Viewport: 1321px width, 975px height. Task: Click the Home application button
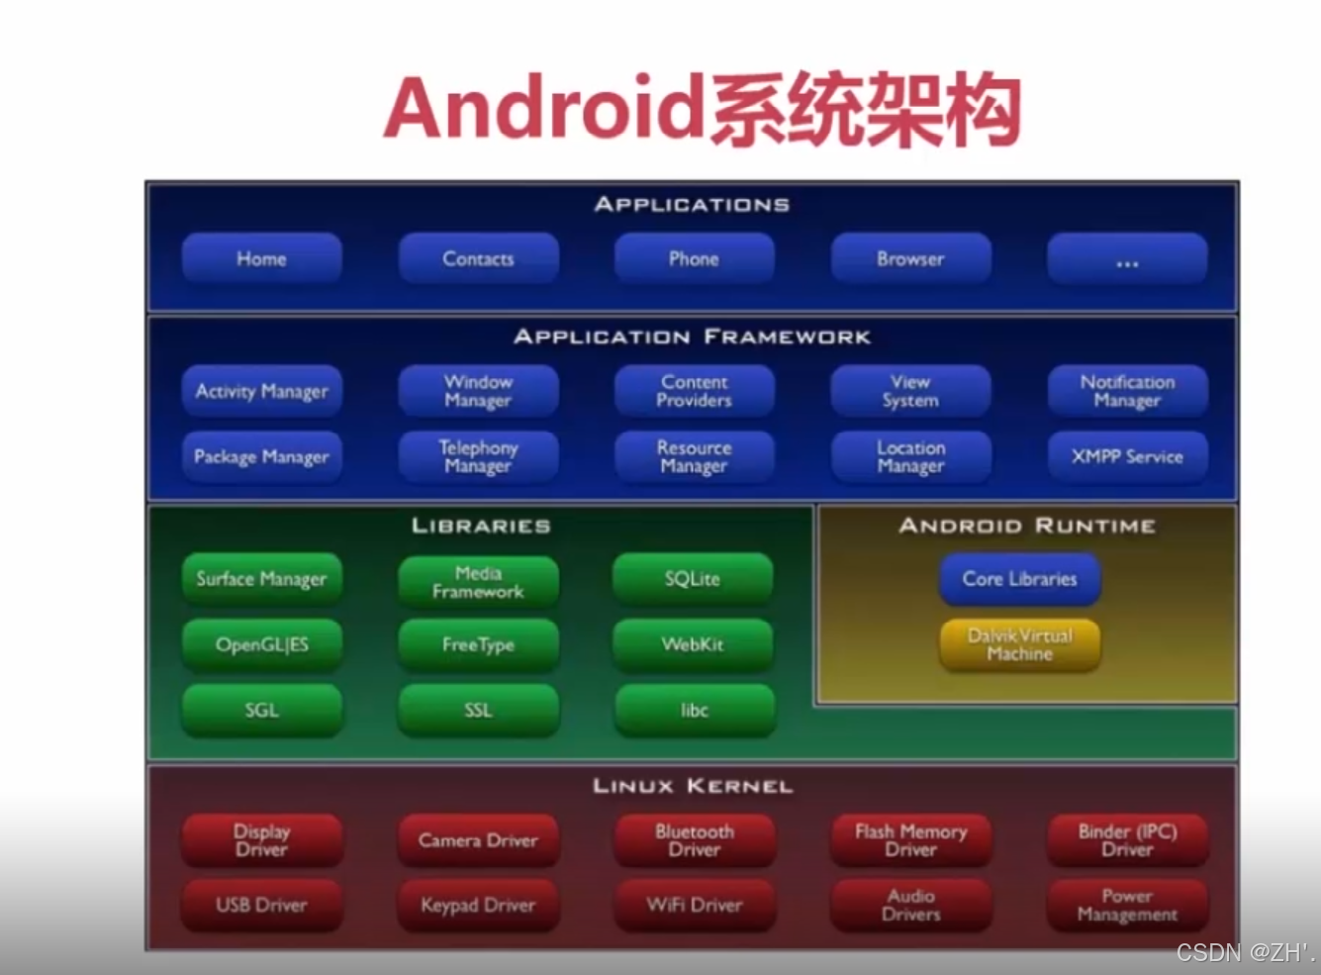coord(261,259)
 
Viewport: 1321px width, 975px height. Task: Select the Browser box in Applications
coord(910,259)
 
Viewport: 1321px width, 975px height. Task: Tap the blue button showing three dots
coord(1127,259)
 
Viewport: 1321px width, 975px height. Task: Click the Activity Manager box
coord(261,391)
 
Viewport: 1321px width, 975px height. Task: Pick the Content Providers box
coord(694,391)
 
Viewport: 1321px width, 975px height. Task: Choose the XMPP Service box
coord(1127,456)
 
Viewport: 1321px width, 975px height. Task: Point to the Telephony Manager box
coord(478,456)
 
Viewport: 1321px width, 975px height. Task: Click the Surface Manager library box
coord(261,579)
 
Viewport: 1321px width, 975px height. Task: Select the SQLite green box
coord(693,579)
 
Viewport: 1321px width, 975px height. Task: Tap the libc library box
coord(694,710)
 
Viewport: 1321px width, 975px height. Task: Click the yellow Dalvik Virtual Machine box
coord(1019,644)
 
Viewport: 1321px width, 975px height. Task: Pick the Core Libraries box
coord(1019,579)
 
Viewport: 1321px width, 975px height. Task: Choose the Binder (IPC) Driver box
coord(1127,839)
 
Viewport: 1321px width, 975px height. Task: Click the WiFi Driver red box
coord(694,905)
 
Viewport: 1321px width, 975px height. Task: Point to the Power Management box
coord(1127,905)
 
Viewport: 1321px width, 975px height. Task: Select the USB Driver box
coord(261,905)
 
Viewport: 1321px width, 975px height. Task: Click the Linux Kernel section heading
coord(693,786)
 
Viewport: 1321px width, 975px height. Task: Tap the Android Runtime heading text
coord(1027,526)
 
